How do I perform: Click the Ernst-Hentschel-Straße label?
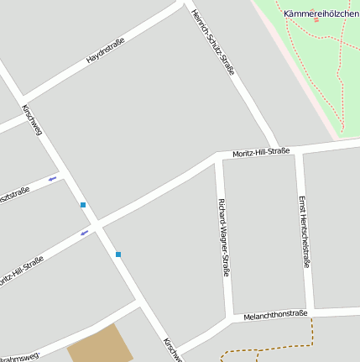click(304, 231)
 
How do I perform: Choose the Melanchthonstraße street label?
click(275, 315)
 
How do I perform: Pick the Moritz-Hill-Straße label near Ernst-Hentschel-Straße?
click(261, 151)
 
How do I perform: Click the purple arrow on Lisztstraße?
click(53, 178)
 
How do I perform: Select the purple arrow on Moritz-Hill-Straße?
click(84, 233)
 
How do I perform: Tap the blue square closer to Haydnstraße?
click(82, 205)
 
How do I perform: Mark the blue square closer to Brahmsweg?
click(118, 254)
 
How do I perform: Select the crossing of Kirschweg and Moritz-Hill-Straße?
click(98, 226)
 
